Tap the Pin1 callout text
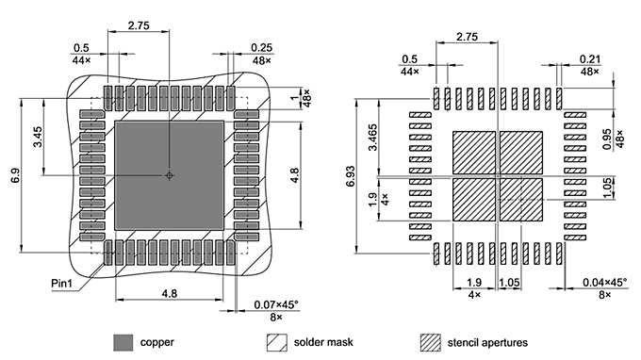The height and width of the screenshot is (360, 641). click(65, 282)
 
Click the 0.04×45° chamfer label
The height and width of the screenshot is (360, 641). click(603, 283)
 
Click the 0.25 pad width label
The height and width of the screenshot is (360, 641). click(261, 48)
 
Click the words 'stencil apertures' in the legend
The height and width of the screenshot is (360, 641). click(495, 342)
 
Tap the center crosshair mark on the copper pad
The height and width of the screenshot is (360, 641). click(169, 175)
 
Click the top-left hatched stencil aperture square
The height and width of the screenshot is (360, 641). click(474, 152)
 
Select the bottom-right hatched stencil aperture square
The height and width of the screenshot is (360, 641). click(521, 199)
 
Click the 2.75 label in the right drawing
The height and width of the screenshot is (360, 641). click(467, 37)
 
